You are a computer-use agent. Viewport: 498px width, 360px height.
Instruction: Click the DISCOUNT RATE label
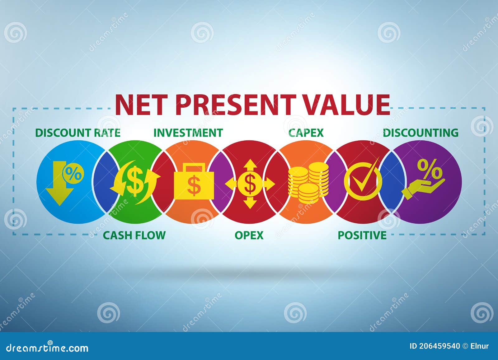point(78,133)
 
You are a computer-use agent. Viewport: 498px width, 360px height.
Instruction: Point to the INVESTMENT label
point(188,133)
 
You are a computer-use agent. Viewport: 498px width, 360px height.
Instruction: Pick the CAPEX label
point(306,133)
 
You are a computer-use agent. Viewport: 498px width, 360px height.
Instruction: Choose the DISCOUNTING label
point(420,133)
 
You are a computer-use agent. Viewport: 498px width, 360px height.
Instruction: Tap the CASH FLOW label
point(134,235)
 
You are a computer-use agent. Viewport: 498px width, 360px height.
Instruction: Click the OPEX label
point(249,235)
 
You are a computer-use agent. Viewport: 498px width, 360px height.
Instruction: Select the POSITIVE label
point(362,235)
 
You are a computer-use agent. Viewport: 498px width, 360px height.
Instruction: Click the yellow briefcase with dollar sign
point(194,183)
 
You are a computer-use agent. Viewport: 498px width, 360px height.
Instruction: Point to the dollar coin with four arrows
point(250,184)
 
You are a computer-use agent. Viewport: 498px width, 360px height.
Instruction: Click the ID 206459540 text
point(435,346)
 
